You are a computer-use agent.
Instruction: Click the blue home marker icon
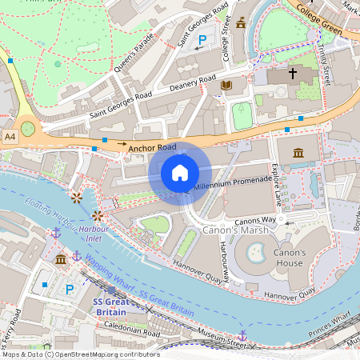(180, 173)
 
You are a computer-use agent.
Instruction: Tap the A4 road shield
(10, 138)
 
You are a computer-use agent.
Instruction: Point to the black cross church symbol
(293, 74)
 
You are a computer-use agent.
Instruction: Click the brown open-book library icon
(226, 84)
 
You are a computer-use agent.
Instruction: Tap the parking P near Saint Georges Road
(202, 39)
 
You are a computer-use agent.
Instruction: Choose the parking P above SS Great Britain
(69, 288)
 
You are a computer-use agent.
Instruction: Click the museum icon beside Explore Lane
(298, 152)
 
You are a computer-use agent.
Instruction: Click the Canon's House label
(289, 258)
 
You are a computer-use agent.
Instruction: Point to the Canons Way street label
(254, 219)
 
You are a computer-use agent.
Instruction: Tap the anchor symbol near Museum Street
(242, 335)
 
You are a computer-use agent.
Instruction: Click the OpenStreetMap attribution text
(80, 354)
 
